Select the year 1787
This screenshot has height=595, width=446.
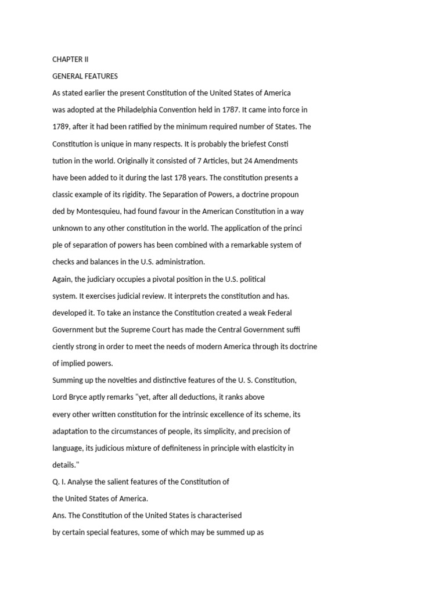[231, 110]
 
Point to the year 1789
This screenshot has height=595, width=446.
[61, 127]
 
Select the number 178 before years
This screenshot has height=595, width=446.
[182, 177]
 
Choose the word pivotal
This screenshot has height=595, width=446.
[156, 279]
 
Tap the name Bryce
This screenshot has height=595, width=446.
[81, 397]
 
